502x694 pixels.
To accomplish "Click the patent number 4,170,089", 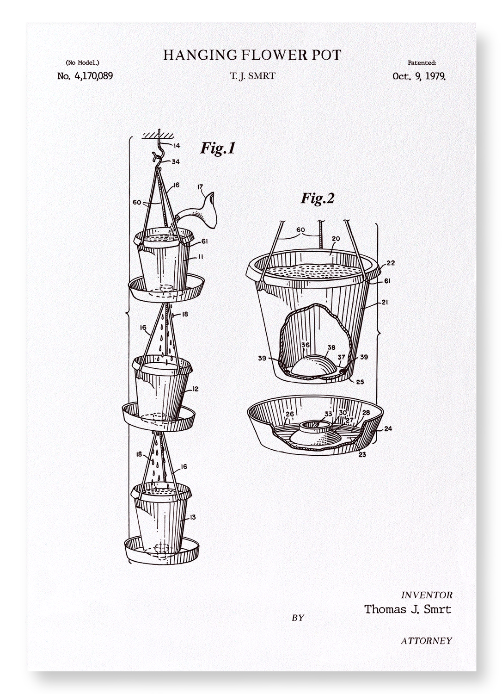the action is click(x=93, y=76).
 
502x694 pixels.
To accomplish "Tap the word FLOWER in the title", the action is click(x=273, y=55).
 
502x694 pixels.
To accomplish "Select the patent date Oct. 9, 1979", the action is click(x=419, y=76).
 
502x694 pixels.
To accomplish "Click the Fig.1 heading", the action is click(x=218, y=148).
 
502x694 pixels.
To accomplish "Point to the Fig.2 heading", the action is click(x=318, y=198).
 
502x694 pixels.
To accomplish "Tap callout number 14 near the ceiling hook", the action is click(x=177, y=145).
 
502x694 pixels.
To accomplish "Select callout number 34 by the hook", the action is click(x=176, y=161).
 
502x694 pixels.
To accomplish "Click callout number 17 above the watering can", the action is click(x=200, y=187).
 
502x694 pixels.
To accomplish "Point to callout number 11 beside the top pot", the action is click(x=201, y=257).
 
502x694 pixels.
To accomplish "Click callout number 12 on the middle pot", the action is click(x=195, y=389).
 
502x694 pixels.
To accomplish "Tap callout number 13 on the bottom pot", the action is click(x=192, y=517).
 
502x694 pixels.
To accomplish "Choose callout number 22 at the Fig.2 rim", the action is click(x=391, y=263).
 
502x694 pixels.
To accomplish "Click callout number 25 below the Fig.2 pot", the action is click(x=360, y=382).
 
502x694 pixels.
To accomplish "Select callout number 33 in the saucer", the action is click(x=328, y=414).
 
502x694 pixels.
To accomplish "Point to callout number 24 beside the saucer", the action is click(x=388, y=428).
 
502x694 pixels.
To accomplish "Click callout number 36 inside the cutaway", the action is click(x=306, y=345).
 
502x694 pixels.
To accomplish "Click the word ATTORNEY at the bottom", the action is click(x=427, y=641).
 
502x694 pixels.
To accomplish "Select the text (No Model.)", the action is click(x=82, y=62).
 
